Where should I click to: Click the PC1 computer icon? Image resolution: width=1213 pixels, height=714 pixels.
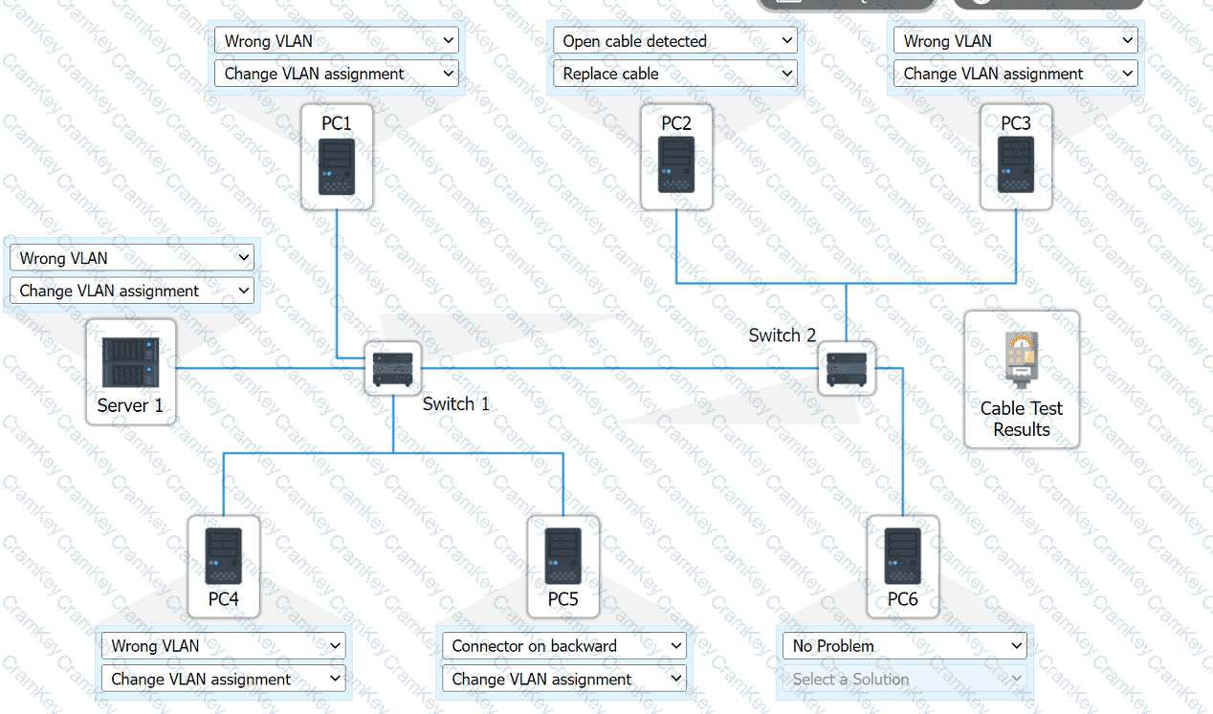point(337,167)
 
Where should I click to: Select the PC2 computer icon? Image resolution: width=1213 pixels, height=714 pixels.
point(676,165)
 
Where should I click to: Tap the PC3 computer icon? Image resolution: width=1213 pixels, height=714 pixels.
point(1016,165)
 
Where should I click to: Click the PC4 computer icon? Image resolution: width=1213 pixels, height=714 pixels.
point(224,556)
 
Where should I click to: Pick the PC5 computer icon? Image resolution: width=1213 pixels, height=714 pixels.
point(563,556)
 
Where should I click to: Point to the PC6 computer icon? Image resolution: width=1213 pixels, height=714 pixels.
point(902,556)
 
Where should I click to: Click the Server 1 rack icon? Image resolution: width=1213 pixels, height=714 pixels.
point(130,362)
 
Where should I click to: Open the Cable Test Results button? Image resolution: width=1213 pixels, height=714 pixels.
point(1021,379)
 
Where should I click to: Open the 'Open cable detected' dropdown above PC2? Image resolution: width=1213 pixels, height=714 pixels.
point(675,41)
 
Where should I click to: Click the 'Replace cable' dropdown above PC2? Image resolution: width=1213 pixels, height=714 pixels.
point(675,74)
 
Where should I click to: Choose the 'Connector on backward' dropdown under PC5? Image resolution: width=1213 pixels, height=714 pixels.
point(564,646)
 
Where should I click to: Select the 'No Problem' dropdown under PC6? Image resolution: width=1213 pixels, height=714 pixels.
point(904,646)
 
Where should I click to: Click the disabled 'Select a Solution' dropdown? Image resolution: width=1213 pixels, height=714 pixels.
point(904,679)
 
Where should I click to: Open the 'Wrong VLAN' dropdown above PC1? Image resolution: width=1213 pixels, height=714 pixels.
point(337,41)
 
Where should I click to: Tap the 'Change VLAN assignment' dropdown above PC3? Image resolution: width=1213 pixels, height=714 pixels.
point(1016,74)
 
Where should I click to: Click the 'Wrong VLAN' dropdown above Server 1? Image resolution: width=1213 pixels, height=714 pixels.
point(132,258)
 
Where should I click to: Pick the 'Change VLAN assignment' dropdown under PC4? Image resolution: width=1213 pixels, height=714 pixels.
point(224,679)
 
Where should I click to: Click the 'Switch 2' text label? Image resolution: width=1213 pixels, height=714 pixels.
point(783,335)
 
